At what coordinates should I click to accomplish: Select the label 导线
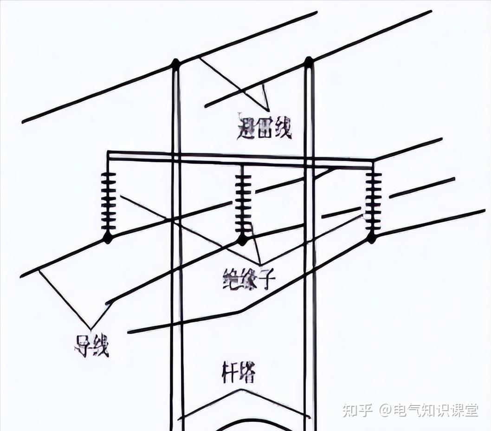91,346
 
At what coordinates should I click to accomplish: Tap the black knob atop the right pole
308,61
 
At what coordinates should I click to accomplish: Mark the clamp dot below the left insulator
108,237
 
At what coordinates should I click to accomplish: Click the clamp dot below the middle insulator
242,240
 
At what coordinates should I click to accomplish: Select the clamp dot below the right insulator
372,238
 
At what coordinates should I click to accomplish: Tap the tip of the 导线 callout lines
91,329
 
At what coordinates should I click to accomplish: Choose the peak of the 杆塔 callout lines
241,390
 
